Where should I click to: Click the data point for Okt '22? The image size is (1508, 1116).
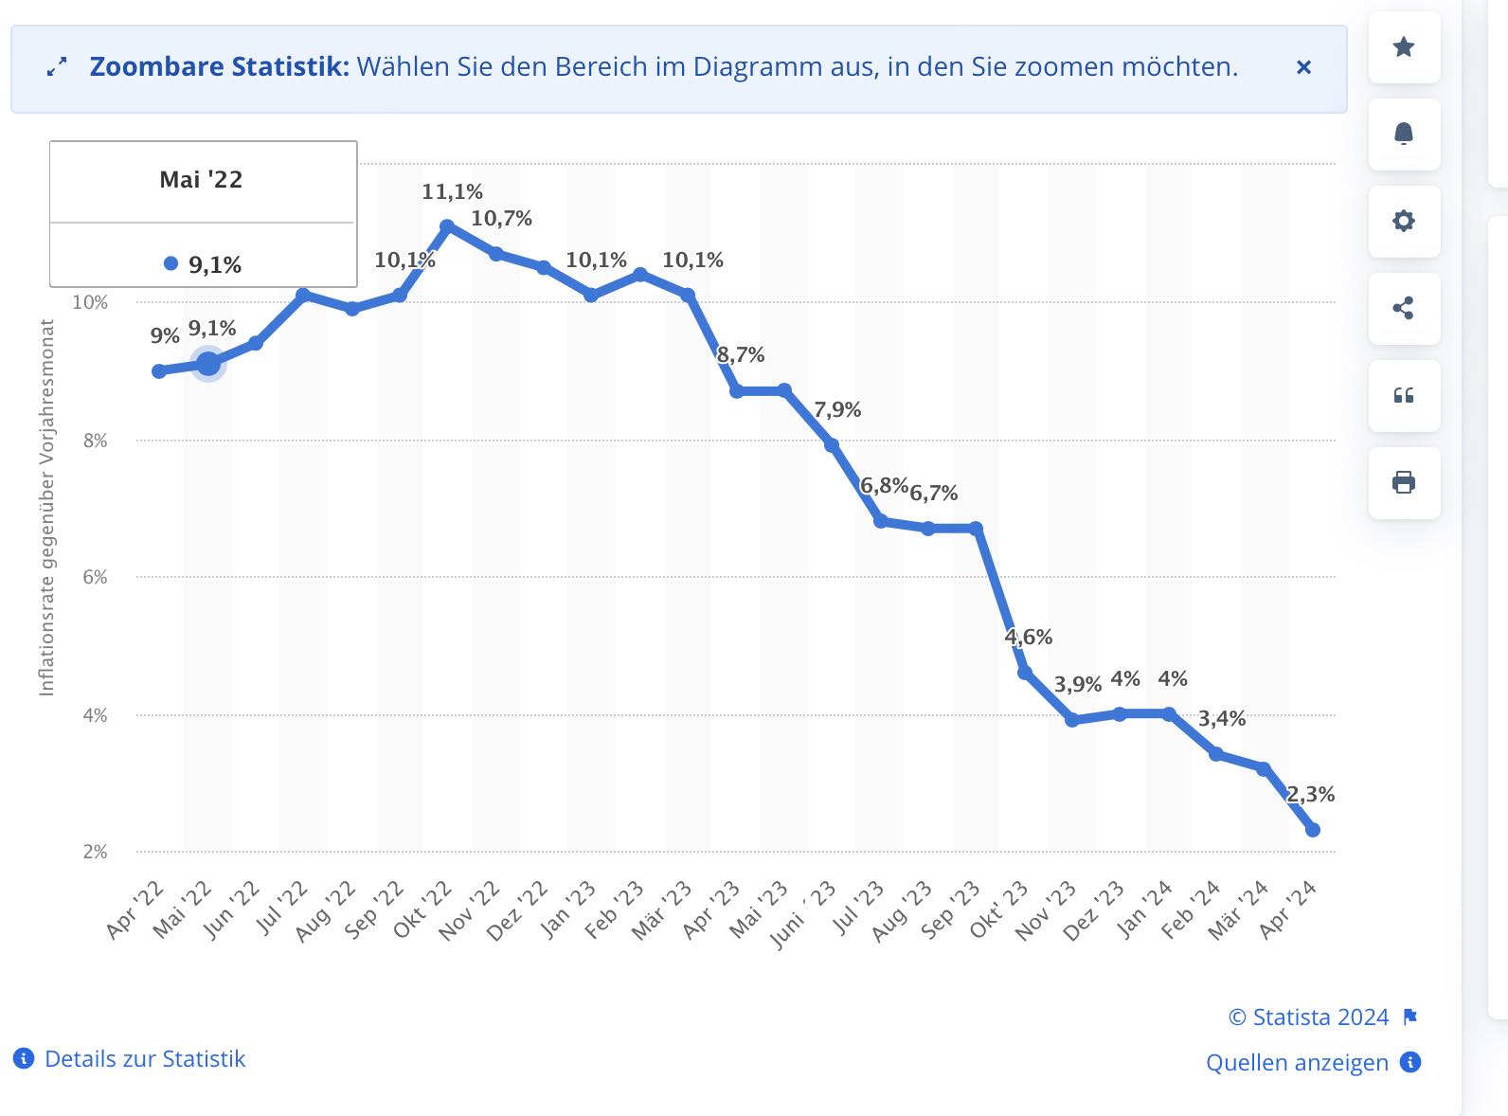coord(447,226)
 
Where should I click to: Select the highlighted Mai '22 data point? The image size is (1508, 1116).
coord(207,363)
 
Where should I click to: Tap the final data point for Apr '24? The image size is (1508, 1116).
coord(1313,830)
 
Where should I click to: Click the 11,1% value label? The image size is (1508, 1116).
coord(452,192)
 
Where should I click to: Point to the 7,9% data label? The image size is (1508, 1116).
coord(837,410)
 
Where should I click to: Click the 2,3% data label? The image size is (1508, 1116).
coord(1311,795)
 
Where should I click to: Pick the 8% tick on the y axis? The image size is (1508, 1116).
coord(95,441)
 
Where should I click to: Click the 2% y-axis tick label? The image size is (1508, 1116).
coord(95,852)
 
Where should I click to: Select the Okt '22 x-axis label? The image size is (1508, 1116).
coord(423,910)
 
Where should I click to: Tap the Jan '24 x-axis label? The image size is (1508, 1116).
coord(1145,910)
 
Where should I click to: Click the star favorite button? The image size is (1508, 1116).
coord(1404,47)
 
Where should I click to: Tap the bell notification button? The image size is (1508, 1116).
coord(1404,134)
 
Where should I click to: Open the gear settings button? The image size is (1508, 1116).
coord(1404,221)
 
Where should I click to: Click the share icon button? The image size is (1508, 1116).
coord(1404,308)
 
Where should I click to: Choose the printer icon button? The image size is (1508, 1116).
coord(1404,482)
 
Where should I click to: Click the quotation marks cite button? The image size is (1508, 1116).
coord(1404,395)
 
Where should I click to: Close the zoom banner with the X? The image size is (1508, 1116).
coord(1303,67)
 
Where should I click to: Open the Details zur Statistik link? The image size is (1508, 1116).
coord(144,1059)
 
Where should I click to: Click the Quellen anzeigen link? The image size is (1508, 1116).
coord(1297,1063)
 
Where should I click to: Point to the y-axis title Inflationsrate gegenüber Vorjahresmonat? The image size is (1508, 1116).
coord(46,508)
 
